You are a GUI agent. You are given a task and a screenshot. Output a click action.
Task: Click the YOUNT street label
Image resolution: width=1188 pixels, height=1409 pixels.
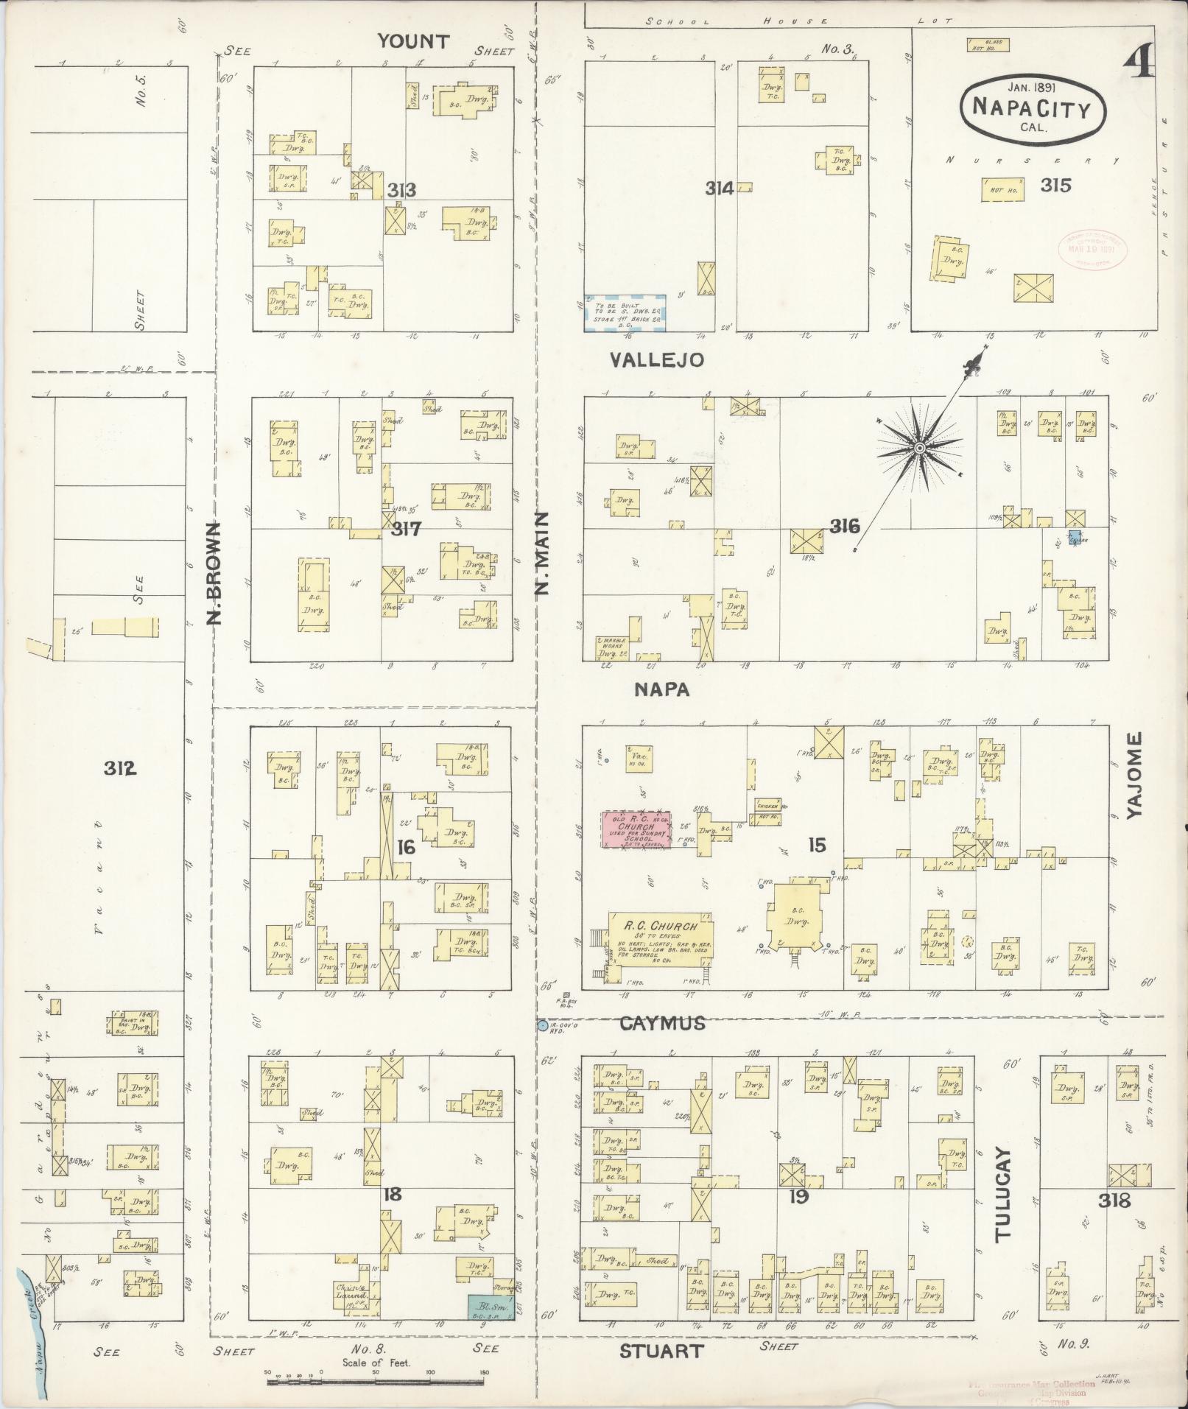pyautogui.click(x=413, y=41)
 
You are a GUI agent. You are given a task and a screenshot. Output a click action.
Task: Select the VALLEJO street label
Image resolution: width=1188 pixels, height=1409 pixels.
pyautogui.click(x=656, y=359)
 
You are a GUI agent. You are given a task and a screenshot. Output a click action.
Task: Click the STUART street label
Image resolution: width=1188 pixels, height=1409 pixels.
pyautogui.click(x=661, y=1351)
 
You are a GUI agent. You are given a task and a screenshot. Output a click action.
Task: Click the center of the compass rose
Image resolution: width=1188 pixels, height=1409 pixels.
pyautogui.click(x=920, y=448)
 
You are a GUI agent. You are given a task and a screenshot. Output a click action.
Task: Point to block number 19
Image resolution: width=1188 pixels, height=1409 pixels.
pyautogui.click(x=798, y=1196)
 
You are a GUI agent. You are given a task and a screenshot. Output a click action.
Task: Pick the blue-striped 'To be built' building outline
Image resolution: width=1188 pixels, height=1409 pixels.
pyautogui.click(x=625, y=313)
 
